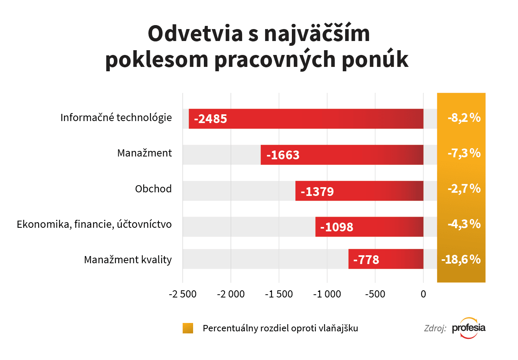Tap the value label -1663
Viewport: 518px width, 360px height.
point(283,155)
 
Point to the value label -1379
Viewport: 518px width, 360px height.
point(317,192)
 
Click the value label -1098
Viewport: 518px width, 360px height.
point(337,227)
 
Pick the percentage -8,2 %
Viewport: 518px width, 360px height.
point(461,118)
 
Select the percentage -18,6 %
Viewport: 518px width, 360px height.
point(461,260)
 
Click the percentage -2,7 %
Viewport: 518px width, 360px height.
point(461,188)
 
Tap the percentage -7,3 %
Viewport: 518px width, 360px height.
point(461,153)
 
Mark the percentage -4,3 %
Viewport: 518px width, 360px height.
point(461,224)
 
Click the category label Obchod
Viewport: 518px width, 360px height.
point(153,189)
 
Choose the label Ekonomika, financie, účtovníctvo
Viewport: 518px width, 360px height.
point(94,225)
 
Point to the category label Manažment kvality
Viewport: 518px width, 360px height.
point(128,260)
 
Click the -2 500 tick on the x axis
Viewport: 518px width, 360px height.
point(182,295)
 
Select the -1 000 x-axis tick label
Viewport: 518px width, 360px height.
point(327,295)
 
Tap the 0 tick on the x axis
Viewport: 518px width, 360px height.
point(423,295)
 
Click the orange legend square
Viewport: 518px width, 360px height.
point(188,328)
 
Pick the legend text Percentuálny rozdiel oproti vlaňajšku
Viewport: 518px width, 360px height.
point(280,329)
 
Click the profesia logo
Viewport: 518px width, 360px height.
point(469,328)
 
